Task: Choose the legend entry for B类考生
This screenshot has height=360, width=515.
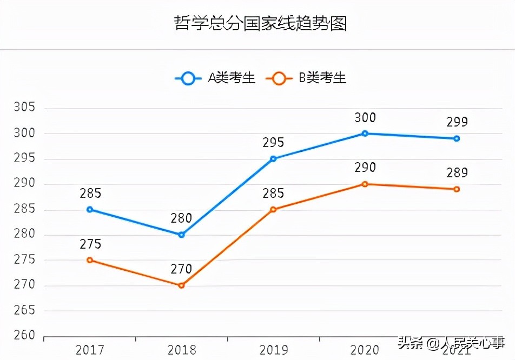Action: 307,78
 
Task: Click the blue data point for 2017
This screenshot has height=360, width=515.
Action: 90,209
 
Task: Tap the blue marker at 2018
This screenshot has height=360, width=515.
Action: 181,235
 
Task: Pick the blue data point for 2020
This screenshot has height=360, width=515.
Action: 365,133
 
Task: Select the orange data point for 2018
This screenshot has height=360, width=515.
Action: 181,285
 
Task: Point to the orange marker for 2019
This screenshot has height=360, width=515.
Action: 273,209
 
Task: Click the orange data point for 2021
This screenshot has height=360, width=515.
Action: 457,189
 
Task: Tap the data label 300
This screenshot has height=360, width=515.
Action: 365,118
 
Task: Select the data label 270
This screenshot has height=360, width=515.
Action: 181,269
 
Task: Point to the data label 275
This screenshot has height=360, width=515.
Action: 90,244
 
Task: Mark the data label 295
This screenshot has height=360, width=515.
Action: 273,143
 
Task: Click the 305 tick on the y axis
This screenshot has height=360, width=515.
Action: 24,108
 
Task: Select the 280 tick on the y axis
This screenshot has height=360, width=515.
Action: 24,235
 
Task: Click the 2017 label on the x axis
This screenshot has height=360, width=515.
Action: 90,350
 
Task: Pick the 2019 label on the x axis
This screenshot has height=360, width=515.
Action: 273,350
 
